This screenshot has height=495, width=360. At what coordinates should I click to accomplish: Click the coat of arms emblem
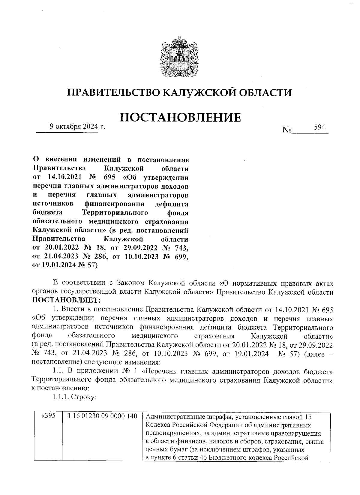179,57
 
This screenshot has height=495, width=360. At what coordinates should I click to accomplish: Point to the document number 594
319,127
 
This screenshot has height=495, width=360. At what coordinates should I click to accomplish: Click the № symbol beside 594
287,130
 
